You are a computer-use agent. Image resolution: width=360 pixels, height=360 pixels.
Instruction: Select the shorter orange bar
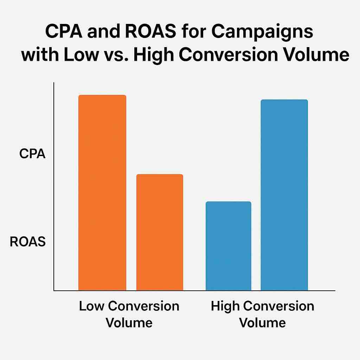[160, 232]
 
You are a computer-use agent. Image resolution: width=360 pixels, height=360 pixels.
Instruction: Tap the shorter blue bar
[228, 246]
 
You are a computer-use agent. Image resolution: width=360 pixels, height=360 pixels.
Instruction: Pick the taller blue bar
[284, 195]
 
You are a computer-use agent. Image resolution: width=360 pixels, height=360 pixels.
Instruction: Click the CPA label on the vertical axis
[32, 154]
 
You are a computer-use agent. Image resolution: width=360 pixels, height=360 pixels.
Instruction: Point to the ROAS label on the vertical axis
[28, 242]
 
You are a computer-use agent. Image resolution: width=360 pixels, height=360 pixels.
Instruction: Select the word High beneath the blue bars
[225, 306]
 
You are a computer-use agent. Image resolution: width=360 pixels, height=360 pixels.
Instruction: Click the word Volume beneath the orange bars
[129, 322]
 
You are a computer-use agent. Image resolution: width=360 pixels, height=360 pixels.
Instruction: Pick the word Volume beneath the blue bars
[262, 322]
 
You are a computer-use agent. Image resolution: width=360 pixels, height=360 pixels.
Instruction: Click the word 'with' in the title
[37, 56]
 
